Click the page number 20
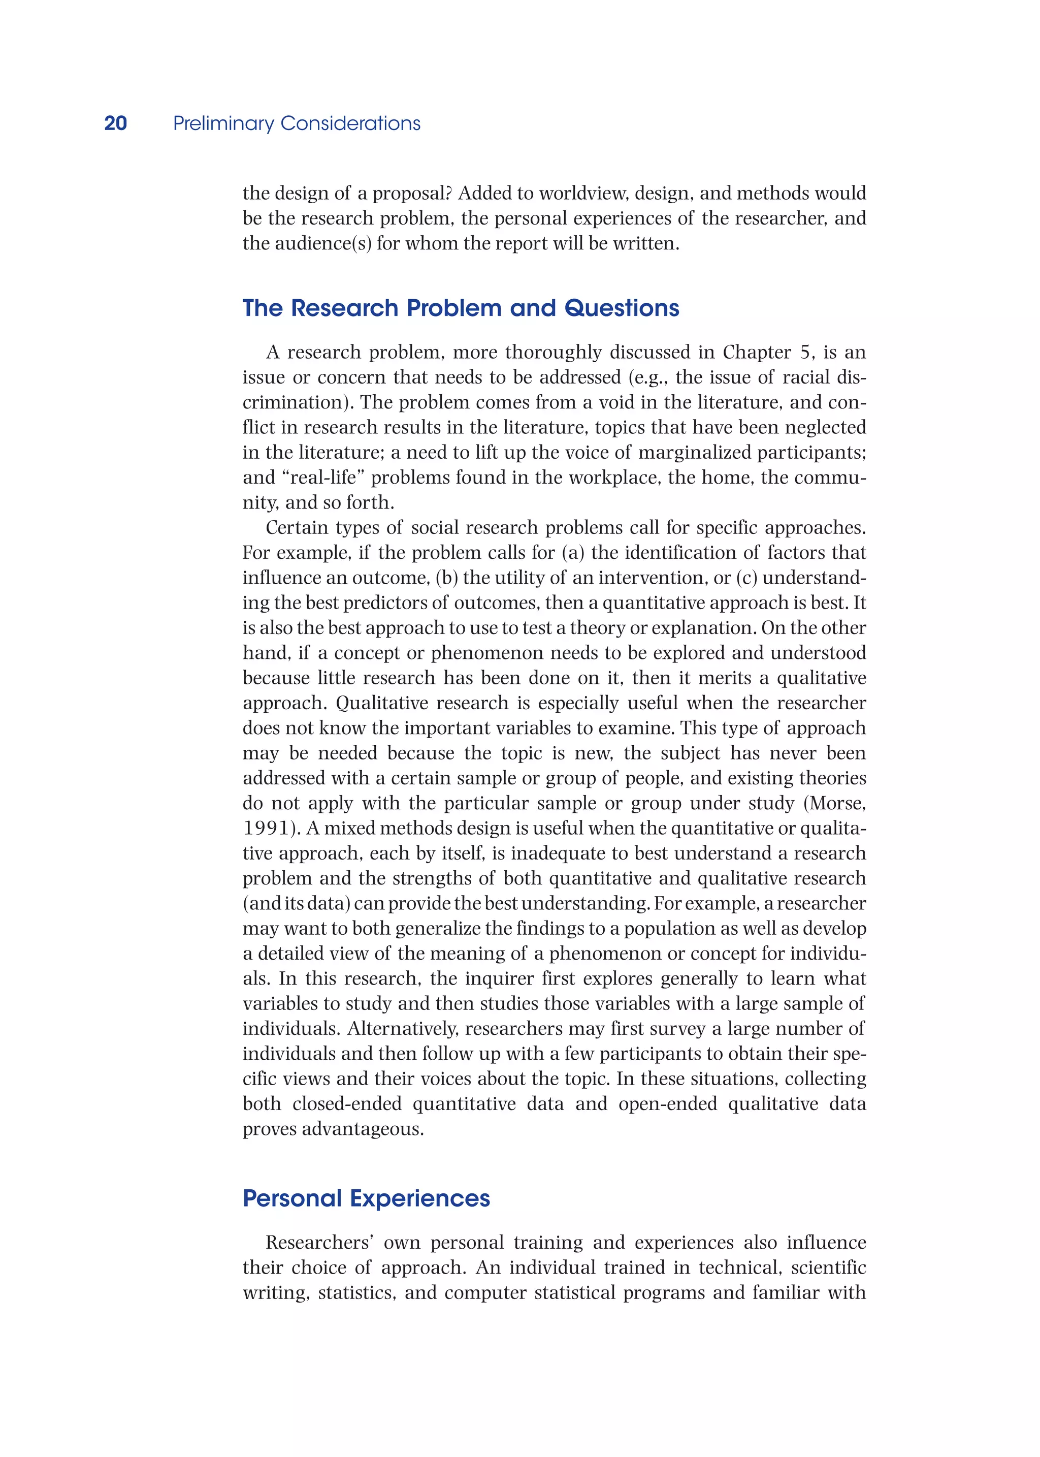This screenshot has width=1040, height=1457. (115, 123)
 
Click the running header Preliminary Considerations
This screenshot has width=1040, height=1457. (297, 123)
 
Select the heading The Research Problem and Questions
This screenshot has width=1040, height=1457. (461, 308)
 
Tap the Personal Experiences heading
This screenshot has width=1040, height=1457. (366, 1198)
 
